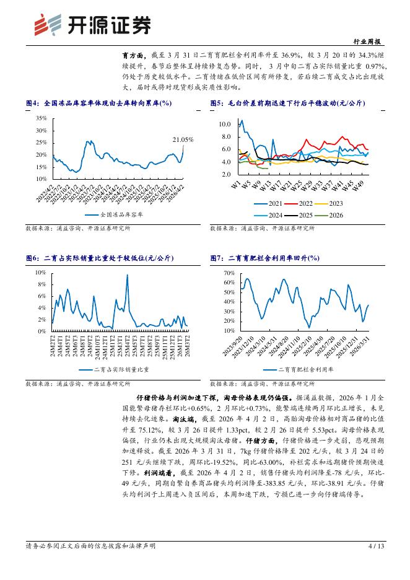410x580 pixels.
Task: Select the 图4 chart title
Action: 98,103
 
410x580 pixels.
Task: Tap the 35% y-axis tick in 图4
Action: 41,118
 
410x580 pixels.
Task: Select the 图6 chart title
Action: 100,258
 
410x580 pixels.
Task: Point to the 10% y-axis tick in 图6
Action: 41,273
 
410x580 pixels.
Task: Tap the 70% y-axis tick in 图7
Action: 228,273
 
